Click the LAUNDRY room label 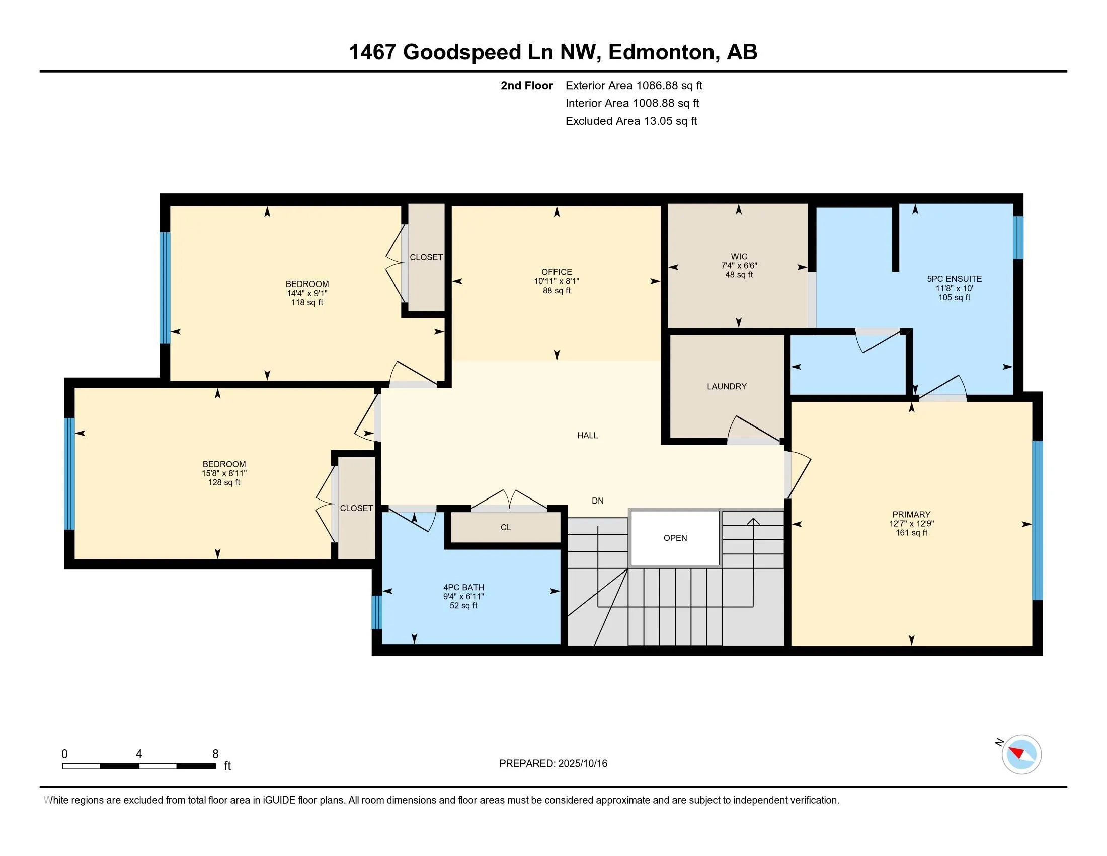click(727, 386)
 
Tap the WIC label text click(739, 257)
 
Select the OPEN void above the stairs click(675, 538)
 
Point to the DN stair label click(598, 501)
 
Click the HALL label click(587, 435)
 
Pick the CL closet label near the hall click(506, 527)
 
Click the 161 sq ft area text click(911, 532)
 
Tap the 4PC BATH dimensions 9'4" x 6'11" click(463, 596)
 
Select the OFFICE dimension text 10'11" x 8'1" click(557, 281)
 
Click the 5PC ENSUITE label click(955, 279)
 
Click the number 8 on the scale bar click(215, 754)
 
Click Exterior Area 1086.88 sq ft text click(634, 85)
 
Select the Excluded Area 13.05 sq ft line click(631, 121)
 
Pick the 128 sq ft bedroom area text click(224, 482)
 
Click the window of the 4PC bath click(376, 612)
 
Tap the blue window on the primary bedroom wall click(1037, 520)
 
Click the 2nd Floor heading click(527, 85)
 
